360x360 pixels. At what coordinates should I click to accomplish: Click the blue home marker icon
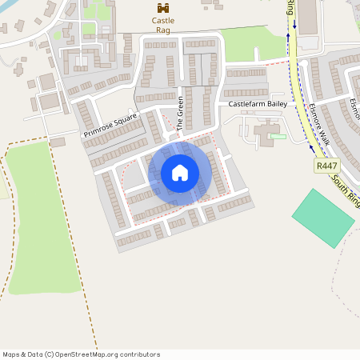pyautogui.click(x=180, y=173)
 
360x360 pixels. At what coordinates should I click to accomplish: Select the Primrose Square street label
pyautogui.click(x=110, y=125)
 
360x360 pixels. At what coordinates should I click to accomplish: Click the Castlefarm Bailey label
pyautogui.click(x=257, y=105)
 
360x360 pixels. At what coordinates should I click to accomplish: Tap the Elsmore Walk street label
pyautogui.click(x=317, y=123)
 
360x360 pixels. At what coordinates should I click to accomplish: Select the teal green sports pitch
pyautogui.click(x=322, y=218)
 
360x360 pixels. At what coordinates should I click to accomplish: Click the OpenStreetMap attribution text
pyautogui.click(x=82, y=354)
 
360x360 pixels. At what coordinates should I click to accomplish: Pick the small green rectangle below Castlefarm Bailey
pyautogui.click(x=278, y=136)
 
